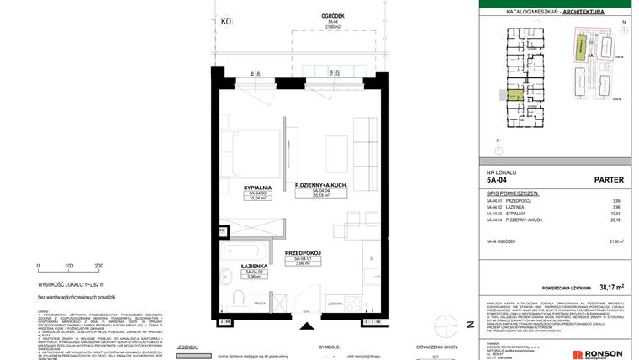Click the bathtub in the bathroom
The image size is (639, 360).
coord(243,251)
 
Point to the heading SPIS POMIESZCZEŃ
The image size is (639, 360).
coord(512,193)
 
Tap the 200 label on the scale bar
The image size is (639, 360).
coord(98,265)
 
